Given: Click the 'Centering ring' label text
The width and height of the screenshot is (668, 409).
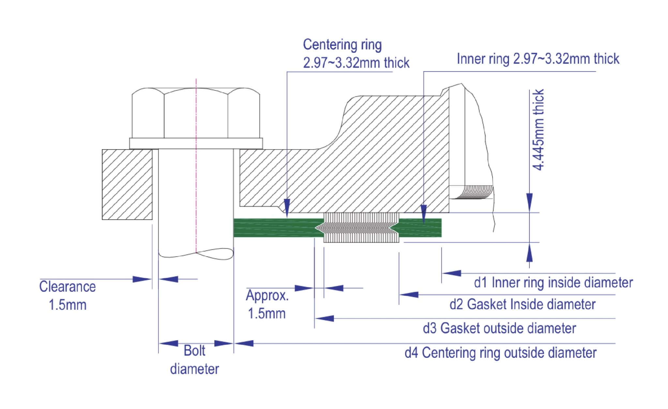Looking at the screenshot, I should tap(342, 45).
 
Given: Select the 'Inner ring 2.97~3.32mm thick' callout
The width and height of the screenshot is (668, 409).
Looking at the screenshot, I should tap(538, 59).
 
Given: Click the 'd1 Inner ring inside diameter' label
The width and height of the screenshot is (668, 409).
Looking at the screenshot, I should tap(553, 283).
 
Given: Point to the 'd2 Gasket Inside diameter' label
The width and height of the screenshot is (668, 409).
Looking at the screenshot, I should tap(522, 304).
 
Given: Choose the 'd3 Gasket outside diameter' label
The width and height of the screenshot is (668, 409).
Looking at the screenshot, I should tap(499, 328).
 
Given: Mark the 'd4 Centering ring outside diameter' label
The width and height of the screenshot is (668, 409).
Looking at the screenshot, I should tap(500, 353).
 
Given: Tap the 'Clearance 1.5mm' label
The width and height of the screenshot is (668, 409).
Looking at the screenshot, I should tap(68, 295).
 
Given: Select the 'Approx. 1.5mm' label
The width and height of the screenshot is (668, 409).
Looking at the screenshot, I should tap(267, 304).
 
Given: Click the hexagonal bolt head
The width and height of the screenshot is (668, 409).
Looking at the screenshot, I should tap(196, 113).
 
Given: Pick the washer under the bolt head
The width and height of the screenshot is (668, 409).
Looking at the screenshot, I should tap(196, 143).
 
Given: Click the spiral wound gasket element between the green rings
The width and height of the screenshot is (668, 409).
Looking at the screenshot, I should tap(361, 228).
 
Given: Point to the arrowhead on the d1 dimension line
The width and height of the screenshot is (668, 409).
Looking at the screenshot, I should tap(451, 273).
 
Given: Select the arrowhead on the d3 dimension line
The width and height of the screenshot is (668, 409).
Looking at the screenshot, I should tap(325, 318).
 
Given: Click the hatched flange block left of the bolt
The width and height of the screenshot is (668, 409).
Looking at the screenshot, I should tap(127, 184).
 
